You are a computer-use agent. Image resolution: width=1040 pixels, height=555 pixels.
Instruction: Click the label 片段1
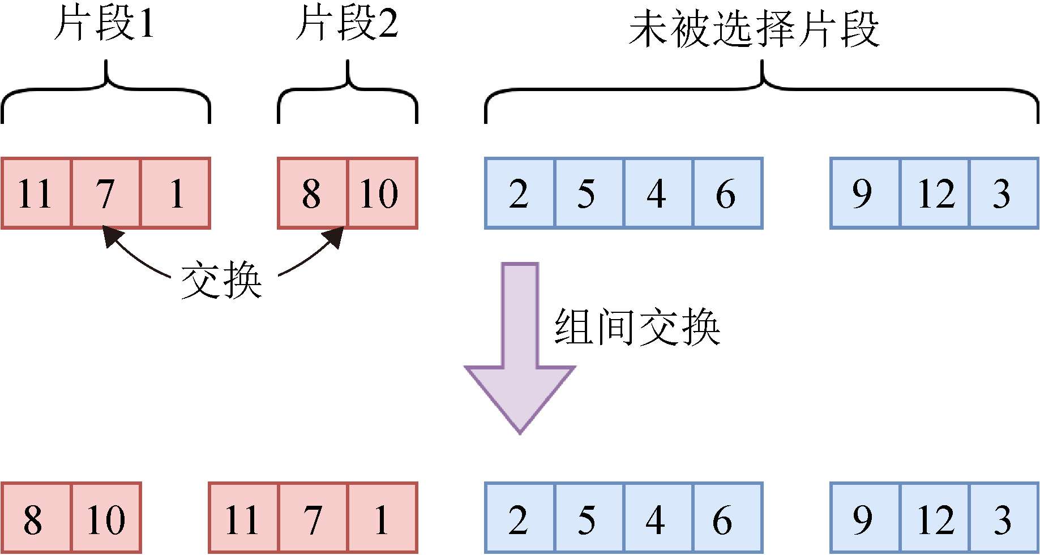click(x=105, y=24)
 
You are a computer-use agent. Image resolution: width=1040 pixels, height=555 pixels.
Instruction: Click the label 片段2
click(x=347, y=24)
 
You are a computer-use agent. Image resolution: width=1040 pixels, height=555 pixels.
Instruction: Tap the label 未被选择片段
click(x=754, y=29)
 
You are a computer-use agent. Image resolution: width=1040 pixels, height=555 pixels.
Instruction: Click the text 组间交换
click(x=637, y=328)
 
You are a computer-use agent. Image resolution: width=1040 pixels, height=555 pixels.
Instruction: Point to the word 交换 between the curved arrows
click(x=221, y=280)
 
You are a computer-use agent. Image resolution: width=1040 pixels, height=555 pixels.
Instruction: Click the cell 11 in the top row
click(x=36, y=193)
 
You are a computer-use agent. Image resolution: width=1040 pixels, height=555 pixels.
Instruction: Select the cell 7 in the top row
click(x=106, y=193)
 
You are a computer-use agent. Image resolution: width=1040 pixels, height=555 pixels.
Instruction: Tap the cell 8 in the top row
click(x=312, y=193)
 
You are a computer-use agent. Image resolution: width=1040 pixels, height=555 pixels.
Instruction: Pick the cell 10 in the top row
click(x=382, y=193)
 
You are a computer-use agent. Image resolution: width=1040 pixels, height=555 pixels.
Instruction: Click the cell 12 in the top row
click(x=935, y=193)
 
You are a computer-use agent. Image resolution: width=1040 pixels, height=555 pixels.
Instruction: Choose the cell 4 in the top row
click(x=657, y=193)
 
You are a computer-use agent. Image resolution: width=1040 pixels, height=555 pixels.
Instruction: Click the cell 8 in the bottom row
click(x=36, y=518)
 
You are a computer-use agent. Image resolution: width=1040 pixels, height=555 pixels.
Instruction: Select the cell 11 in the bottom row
click(x=243, y=518)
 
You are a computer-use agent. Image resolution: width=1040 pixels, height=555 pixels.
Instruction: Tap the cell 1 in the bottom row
click(x=382, y=518)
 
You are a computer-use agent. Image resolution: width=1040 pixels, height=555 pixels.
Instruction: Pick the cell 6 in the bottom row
click(x=727, y=518)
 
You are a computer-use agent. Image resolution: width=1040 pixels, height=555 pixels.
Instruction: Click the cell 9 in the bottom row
click(x=864, y=518)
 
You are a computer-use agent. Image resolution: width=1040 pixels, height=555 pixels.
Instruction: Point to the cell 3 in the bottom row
click(x=1004, y=518)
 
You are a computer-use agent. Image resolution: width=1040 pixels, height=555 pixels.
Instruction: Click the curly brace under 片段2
click(x=348, y=91)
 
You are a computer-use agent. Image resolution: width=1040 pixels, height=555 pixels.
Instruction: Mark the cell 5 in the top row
click(x=589, y=193)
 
